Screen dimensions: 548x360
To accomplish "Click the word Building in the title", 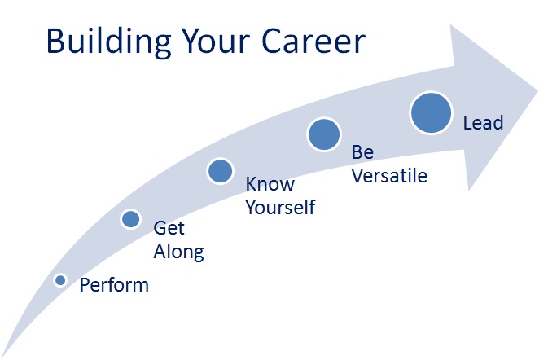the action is [108, 42].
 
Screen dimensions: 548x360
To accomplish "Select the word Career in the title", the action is [313, 41].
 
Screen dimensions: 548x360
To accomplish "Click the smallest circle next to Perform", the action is [60, 280].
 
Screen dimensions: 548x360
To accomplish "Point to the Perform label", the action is [114, 285].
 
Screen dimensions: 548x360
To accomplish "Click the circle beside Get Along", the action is [131, 219].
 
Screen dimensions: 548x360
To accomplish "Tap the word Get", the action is [169, 228].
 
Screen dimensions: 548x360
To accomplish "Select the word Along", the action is [179, 252].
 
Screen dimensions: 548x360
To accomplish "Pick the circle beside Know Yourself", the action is [220, 171].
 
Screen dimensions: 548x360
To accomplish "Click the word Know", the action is [270, 184].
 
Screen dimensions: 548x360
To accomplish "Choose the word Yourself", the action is [281, 207].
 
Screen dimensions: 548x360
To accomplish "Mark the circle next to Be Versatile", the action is [324, 134].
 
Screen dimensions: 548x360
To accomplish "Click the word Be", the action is [363, 152].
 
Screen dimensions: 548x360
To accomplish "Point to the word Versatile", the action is [390, 175].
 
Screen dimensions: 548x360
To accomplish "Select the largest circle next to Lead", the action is [432, 113].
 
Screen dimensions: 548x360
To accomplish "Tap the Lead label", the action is [484, 122].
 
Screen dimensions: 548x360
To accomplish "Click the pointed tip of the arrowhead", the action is [538, 90].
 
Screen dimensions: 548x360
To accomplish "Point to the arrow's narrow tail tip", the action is [2, 357].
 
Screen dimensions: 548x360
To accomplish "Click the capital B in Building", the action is [56, 42].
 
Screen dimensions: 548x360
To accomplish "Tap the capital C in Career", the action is [273, 41].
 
